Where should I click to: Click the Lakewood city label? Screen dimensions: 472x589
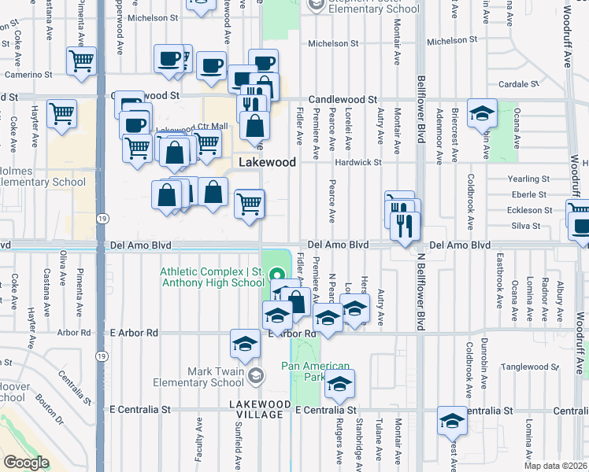click(268, 162)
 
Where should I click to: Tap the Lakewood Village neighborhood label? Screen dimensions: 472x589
click(255, 408)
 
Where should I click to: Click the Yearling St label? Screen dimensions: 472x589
click(528, 179)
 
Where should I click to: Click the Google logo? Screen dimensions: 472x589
click(26, 462)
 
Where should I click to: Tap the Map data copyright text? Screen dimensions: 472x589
click(556, 465)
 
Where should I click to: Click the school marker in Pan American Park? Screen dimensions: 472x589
click(340, 383)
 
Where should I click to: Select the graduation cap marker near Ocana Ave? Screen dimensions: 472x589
click(482, 113)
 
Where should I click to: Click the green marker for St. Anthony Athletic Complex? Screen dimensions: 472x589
click(276, 275)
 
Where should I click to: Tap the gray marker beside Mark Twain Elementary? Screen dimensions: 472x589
click(254, 377)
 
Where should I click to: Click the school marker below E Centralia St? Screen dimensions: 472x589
click(452, 421)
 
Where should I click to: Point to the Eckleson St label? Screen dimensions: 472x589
click(524, 210)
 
